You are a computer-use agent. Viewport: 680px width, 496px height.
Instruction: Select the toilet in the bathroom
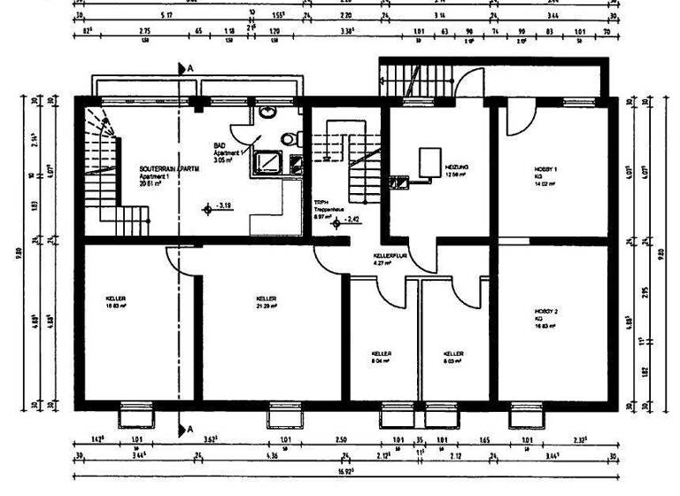pos(288,139)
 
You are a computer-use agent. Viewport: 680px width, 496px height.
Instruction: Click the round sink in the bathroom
pos(268,113)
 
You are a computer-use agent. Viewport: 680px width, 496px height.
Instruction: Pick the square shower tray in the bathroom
pos(267,164)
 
